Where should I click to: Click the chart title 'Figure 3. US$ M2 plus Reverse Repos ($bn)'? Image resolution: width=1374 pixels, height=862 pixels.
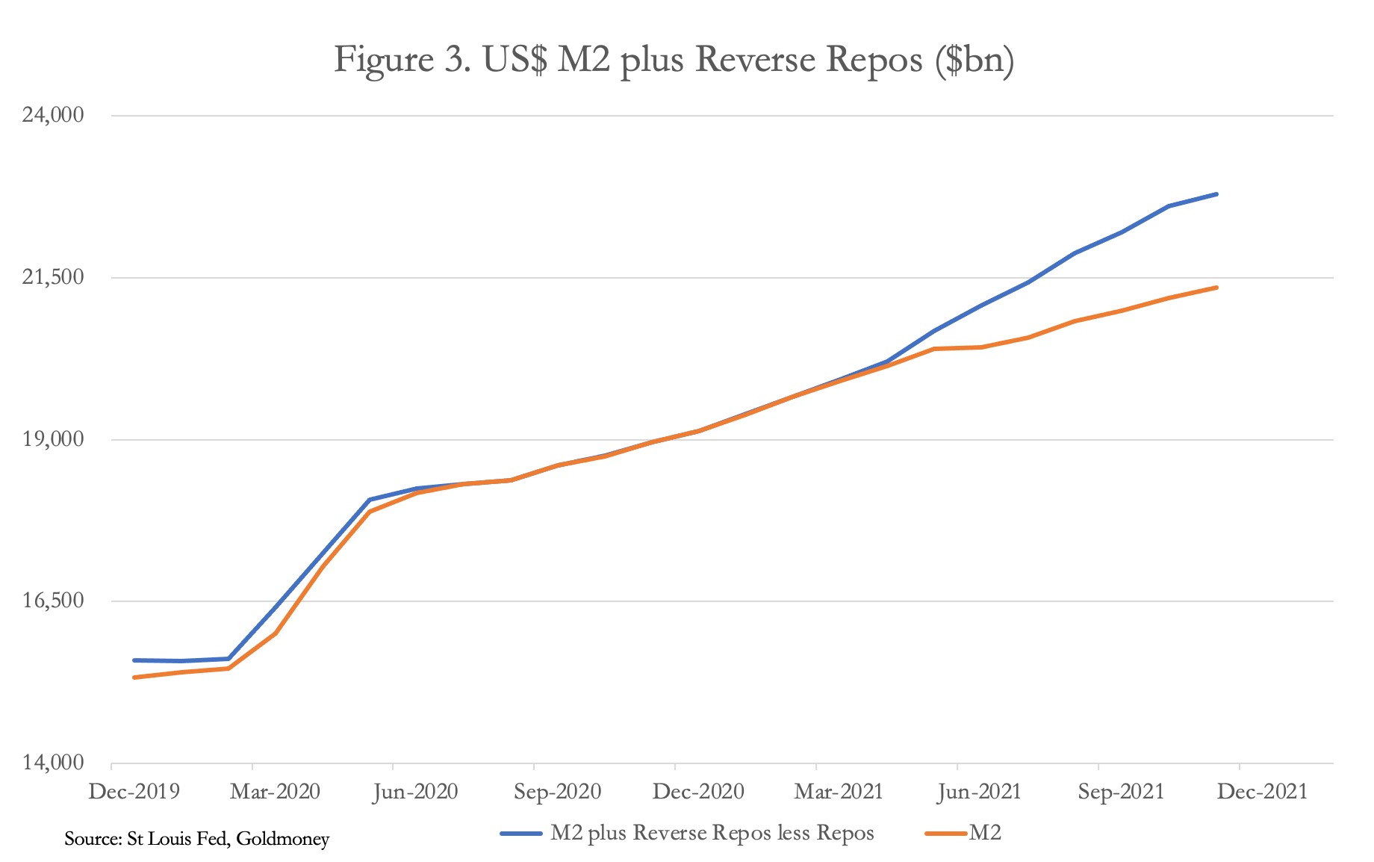pos(674,60)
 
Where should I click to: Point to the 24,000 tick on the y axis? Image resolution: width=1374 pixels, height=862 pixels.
pos(56,115)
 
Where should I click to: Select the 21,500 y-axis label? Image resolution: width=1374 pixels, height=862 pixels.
pos(56,277)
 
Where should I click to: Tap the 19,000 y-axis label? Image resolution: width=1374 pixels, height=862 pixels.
pos(56,439)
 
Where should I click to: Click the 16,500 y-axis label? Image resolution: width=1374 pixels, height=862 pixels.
pos(56,601)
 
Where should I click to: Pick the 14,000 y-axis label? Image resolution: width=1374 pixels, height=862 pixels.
pos(56,763)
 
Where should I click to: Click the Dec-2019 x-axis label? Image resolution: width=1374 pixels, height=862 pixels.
pos(134,792)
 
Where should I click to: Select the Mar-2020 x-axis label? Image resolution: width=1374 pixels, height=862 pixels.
pos(275,792)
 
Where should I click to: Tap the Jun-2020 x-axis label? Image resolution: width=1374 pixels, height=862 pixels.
pos(416,792)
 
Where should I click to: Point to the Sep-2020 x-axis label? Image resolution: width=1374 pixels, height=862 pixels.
pos(557,792)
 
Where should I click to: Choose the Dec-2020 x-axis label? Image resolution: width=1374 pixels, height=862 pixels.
pos(698,792)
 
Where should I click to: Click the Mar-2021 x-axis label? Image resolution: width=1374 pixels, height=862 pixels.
pos(839,792)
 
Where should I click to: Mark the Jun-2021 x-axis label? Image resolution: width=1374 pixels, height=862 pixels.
pos(980,792)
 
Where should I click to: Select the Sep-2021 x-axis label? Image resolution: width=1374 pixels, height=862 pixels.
pos(1121,792)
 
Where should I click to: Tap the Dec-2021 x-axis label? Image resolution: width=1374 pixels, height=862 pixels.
pos(1262,792)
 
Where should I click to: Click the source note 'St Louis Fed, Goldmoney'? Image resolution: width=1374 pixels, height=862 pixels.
pos(196,839)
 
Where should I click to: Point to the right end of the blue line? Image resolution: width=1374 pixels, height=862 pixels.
pos(1216,194)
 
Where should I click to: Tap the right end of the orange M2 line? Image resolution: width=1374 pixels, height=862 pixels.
pos(1216,288)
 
